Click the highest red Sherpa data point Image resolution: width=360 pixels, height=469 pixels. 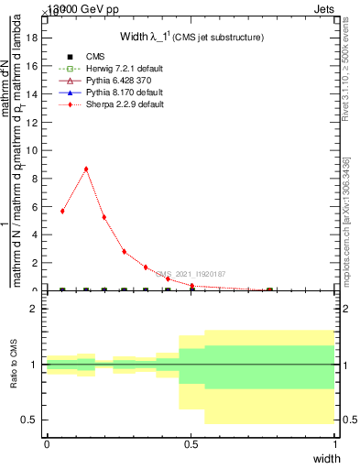pos(86,169)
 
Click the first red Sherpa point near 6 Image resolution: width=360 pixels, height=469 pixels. pos(62,211)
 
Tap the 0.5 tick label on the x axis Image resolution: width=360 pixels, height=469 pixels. pos(191,443)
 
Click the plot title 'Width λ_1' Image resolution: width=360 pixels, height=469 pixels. pos(147,37)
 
